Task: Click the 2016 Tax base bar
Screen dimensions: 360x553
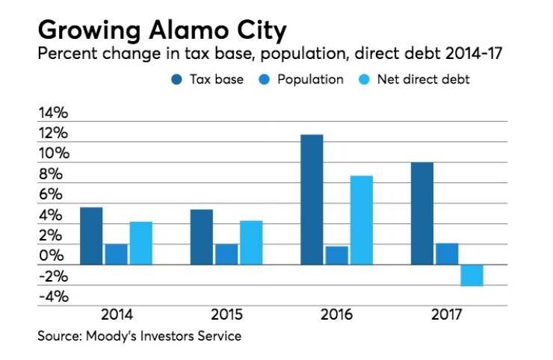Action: [312, 199]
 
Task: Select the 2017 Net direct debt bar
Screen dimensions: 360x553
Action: [472, 275]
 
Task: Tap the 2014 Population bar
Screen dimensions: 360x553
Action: [116, 254]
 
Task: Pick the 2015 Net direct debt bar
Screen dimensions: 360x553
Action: [251, 242]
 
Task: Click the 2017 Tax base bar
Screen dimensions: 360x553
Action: [421, 214]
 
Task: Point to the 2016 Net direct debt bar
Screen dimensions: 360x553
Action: [361, 220]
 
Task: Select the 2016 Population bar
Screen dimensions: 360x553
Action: [336, 255]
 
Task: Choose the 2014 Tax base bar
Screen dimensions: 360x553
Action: [91, 235]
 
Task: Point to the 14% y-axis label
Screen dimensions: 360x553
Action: [53, 114]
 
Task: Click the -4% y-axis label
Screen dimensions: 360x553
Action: [53, 297]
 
